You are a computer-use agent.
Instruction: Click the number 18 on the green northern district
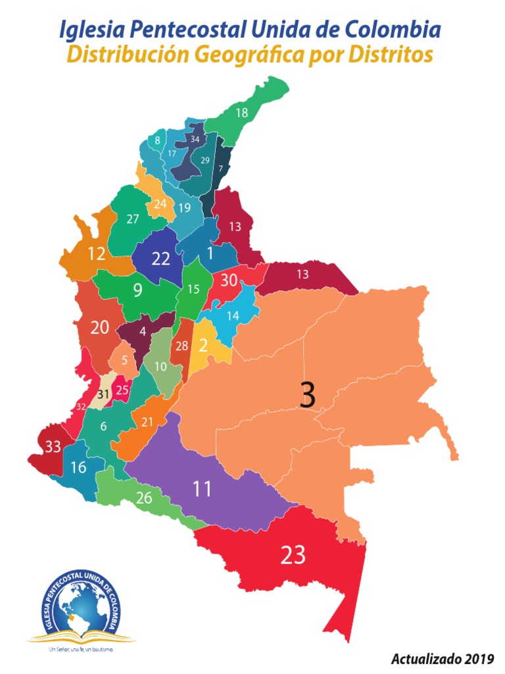coord(242,113)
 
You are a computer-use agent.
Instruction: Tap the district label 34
coord(195,140)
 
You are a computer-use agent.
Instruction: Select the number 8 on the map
coord(158,140)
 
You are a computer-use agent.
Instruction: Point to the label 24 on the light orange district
coord(160,204)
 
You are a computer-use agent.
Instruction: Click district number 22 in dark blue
coord(161,259)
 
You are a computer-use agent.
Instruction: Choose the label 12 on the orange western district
coord(97,253)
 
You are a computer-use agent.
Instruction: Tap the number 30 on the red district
coord(229,280)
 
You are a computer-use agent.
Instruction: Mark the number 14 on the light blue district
coord(233,315)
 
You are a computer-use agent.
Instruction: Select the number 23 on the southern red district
coord(293,556)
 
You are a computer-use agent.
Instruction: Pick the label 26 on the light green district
coord(144,498)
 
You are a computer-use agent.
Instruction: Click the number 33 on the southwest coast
coord(53,447)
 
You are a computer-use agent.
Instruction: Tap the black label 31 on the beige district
coord(103,395)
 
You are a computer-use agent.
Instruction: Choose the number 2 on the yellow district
coord(204,345)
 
